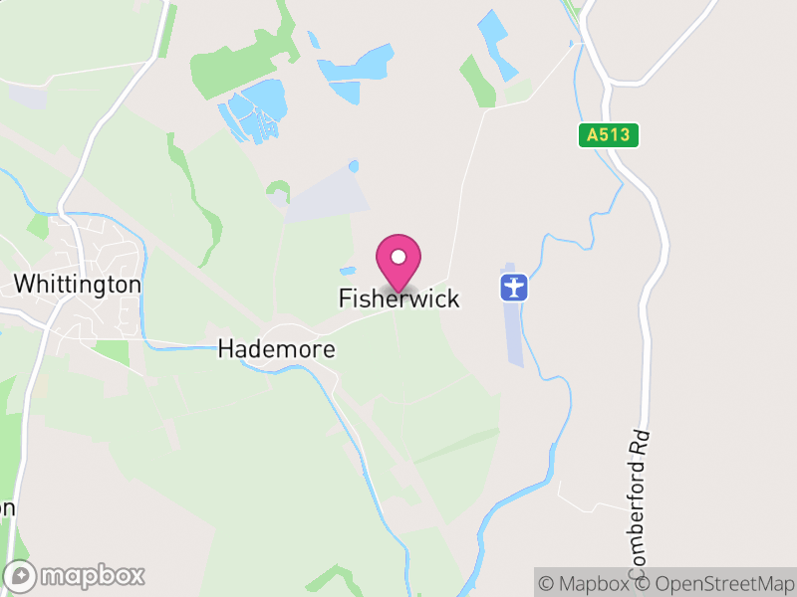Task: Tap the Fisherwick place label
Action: coord(398,298)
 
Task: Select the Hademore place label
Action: coord(276,350)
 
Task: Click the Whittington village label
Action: coord(78,285)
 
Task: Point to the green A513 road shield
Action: coord(608,135)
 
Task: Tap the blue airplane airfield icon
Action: coord(513,288)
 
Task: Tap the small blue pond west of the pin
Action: coord(347,271)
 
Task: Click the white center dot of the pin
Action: coord(398,257)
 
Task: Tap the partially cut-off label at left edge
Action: coord(7,507)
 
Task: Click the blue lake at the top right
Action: coord(495,44)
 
